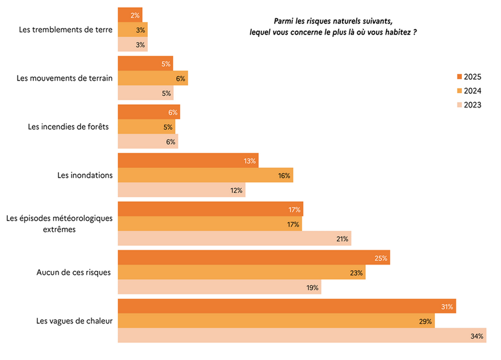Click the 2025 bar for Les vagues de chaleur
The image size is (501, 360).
[287, 306]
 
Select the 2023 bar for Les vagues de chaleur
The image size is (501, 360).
[302, 336]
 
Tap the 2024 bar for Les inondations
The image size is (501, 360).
[205, 175]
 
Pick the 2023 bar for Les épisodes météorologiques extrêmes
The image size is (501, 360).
[234, 238]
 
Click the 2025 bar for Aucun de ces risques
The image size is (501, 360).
[254, 257]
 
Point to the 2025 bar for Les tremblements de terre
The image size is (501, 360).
[130, 15]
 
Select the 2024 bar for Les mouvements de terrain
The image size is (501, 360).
[153, 78]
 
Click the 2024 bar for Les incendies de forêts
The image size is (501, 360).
[146, 127]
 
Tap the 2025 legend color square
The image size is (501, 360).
[459, 77]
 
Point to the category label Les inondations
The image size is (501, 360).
[85, 175]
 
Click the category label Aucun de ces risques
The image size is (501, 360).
[73, 272]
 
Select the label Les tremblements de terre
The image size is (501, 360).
[66, 29]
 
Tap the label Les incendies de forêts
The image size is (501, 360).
[68, 127]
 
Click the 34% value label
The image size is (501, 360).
[477, 336]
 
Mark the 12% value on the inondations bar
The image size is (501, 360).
[236, 190]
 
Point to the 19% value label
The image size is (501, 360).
[312, 288]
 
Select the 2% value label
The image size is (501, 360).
[136, 15]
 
